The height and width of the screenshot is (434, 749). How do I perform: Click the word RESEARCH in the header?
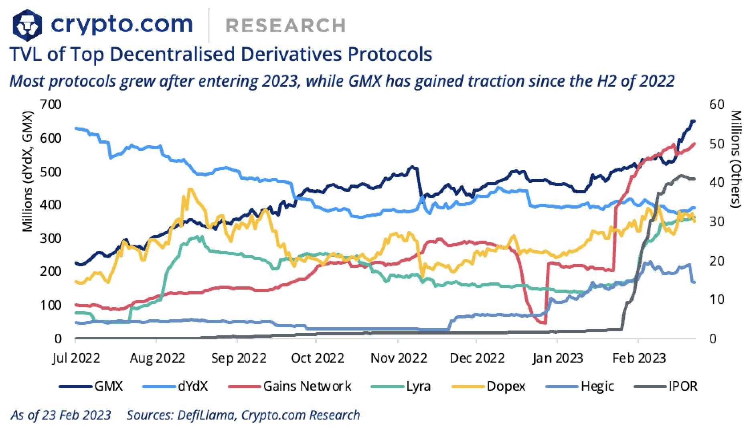click(285, 25)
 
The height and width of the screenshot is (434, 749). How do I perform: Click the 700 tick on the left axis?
click(51, 105)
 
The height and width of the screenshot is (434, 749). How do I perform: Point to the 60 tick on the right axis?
click(717, 105)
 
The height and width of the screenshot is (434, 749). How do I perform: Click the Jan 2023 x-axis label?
click(557, 358)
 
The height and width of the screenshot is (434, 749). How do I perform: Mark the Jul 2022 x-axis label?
click(76, 358)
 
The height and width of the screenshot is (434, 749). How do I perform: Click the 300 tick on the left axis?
click(51, 238)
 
